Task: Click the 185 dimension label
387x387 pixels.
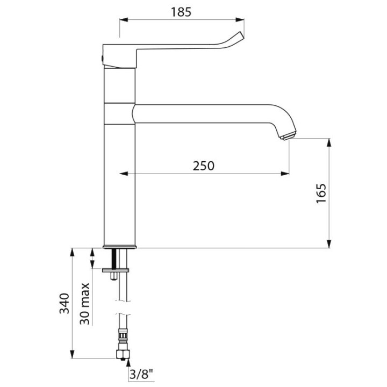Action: point(181,12)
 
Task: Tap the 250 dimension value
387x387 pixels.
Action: point(203,166)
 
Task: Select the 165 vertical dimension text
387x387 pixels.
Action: point(321,193)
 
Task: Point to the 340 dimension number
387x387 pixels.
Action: point(64,303)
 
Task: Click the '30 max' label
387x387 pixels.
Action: point(85,304)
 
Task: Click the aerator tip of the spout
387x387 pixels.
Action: point(288,136)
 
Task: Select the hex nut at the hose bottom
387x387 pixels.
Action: point(123,354)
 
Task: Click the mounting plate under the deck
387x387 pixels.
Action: point(116,270)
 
